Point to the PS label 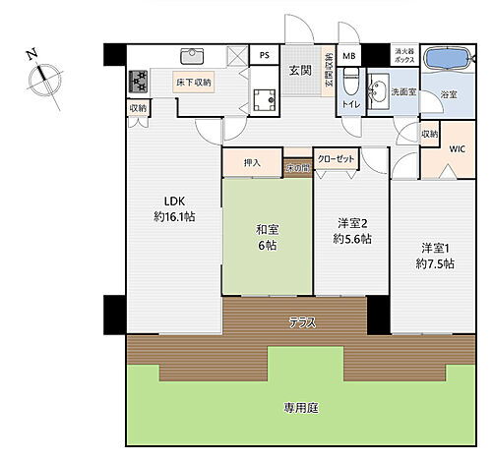(265, 55)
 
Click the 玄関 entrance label (300, 70)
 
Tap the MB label (349, 55)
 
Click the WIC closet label (458, 148)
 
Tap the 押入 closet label (251, 162)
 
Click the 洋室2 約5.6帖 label (351, 230)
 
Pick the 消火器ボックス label (405, 55)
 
